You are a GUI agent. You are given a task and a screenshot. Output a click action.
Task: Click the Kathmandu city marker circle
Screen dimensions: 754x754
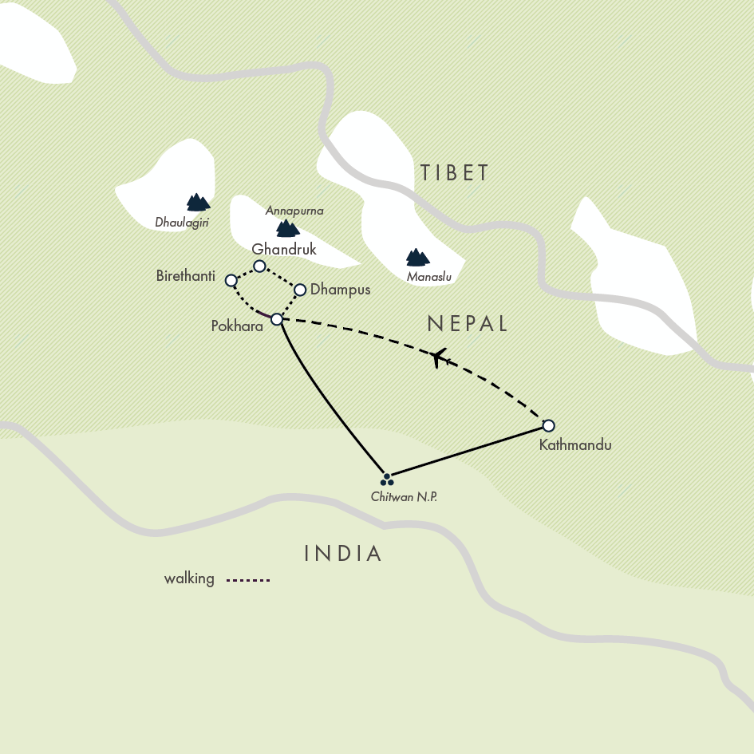click(548, 425)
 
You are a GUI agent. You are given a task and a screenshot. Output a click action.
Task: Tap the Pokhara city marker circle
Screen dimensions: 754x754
click(277, 319)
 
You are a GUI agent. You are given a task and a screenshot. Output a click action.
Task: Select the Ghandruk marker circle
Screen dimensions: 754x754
click(259, 266)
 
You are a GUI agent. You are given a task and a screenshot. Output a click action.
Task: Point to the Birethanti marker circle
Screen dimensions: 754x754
click(231, 280)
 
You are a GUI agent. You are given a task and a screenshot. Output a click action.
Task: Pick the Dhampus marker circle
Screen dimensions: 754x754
click(301, 290)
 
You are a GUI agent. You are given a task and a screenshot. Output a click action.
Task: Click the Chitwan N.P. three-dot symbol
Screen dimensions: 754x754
click(387, 480)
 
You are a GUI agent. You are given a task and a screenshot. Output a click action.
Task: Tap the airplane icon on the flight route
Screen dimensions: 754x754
click(437, 357)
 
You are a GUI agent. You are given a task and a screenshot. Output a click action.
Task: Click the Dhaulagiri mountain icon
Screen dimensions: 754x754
click(196, 203)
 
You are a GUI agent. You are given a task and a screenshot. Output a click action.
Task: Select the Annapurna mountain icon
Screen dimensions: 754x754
click(286, 229)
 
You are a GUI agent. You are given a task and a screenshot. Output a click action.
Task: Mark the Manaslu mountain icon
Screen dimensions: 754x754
click(417, 257)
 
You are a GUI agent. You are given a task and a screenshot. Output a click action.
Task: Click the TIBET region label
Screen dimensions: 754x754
click(454, 172)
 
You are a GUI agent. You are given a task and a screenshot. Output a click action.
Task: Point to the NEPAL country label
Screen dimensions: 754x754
click(468, 323)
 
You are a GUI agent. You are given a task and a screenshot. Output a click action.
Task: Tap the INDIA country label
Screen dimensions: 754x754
click(344, 553)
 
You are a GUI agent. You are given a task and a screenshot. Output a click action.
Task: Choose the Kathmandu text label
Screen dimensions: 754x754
click(575, 445)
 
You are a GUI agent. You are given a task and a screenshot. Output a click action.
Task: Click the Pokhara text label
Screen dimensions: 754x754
click(237, 326)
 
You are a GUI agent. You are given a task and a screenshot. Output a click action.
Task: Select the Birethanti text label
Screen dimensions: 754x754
click(186, 276)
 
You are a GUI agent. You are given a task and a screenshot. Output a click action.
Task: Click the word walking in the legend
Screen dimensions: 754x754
click(189, 578)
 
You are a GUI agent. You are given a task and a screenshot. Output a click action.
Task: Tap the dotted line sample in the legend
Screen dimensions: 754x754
click(248, 580)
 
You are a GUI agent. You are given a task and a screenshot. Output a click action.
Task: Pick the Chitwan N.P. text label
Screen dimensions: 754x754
click(405, 497)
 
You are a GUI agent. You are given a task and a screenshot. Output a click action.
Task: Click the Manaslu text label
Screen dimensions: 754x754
click(429, 277)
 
